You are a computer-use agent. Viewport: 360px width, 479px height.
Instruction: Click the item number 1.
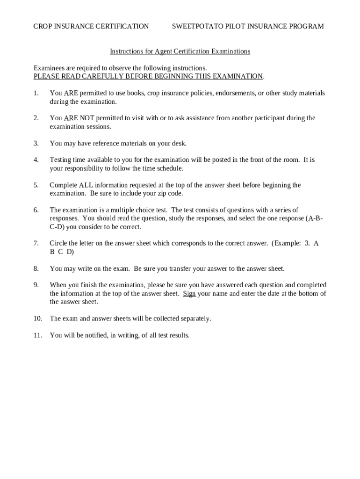[36, 93]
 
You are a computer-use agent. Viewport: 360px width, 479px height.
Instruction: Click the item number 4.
[36, 160]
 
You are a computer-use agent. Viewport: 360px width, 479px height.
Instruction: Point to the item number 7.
[36, 243]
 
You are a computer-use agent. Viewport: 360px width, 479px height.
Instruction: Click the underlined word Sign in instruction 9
[189, 294]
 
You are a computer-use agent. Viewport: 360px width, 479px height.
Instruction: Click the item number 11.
[37, 335]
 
